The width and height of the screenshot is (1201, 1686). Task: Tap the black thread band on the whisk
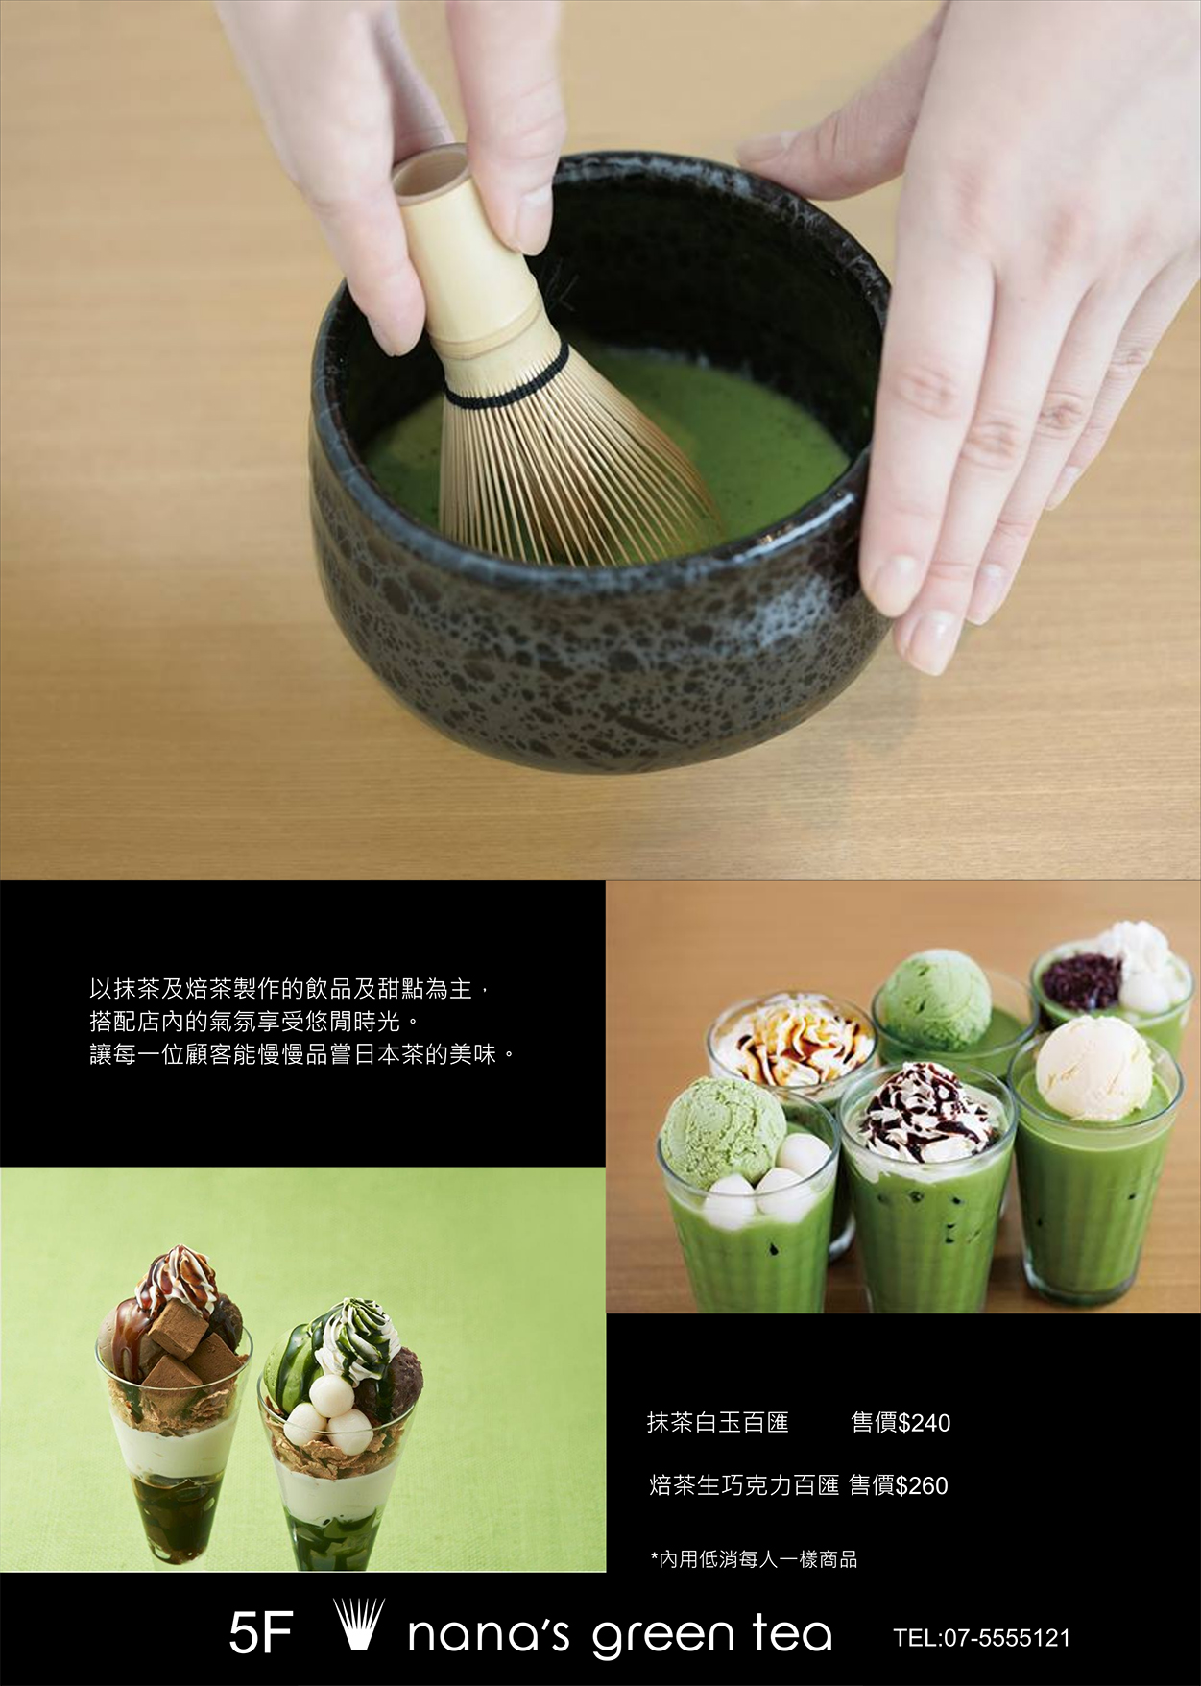504,381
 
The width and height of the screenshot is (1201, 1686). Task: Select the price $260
921,1485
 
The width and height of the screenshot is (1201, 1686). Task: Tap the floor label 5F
260,1634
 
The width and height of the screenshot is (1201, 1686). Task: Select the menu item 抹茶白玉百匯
718,1422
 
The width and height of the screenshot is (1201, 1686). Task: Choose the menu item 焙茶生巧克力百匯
745,1485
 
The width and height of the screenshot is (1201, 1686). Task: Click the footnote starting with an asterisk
754,1559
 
